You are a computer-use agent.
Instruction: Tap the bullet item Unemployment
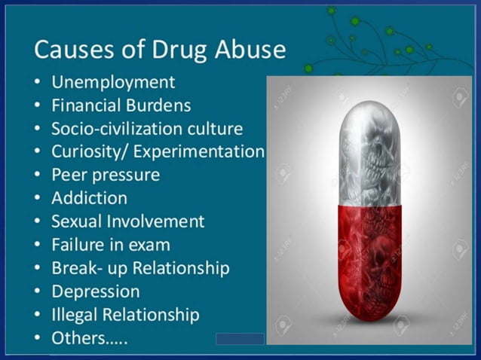click(x=113, y=81)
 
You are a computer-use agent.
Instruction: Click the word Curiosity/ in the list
click(x=84, y=151)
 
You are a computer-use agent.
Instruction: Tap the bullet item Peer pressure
click(x=106, y=175)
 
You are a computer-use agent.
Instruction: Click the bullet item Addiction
click(x=89, y=198)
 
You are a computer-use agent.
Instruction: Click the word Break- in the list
click(x=76, y=268)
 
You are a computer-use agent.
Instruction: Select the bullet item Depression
click(x=96, y=291)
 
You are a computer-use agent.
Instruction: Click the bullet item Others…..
click(x=89, y=338)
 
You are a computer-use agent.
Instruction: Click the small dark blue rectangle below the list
click(x=240, y=339)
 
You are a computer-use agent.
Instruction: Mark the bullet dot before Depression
click(x=37, y=292)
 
